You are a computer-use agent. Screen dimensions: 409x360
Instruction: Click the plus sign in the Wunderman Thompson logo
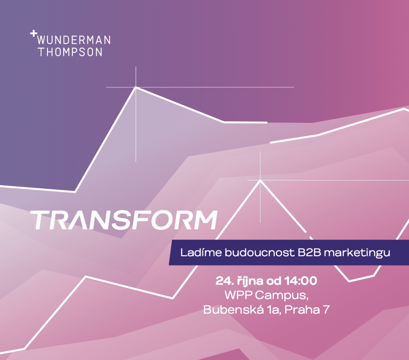tap(33, 33)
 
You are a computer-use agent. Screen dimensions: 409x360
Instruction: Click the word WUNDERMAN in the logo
tap(74, 40)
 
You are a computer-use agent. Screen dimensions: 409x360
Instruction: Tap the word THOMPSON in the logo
tap(71, 52)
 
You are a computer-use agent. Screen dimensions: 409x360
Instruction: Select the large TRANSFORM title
tap(123, 220)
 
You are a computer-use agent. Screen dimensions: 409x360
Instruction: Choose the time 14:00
tap(301, 281)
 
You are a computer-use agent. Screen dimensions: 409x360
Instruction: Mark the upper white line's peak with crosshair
tap(136, 87)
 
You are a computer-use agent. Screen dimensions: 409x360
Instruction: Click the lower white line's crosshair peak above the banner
tap(260, 180)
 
